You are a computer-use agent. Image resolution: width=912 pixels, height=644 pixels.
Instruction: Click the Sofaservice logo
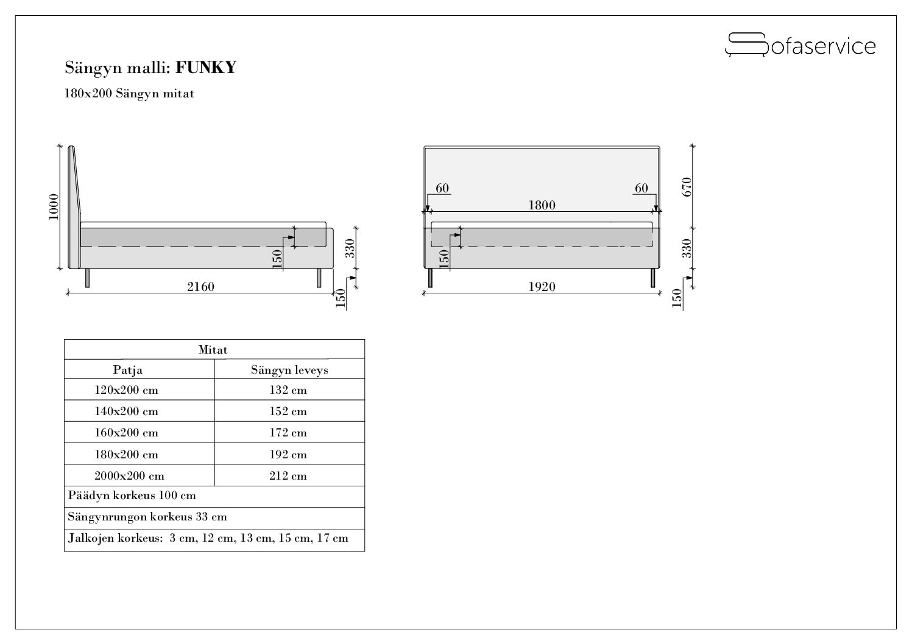(x=800, y=45)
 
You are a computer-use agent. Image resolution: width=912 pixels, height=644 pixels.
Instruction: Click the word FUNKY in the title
(x=205, y=68)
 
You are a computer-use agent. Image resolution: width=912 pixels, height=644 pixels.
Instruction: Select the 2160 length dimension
(x=200, y=287)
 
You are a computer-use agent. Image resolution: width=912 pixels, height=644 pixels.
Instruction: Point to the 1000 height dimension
(x=54, y=207)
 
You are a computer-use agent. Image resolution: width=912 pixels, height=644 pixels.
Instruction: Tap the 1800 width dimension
(x=542, y=205)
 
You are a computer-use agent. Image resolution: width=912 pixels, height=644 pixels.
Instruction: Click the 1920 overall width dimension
(x=542, y=287)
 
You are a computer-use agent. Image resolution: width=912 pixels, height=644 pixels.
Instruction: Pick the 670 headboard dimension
(x=687, y=187)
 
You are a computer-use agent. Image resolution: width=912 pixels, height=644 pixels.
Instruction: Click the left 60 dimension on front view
(x=442, y=188)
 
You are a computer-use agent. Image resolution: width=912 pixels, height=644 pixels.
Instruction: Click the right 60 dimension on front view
(x=642, y=188)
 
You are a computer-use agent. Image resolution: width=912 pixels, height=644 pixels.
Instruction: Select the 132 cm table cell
(x=288, y=390)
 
